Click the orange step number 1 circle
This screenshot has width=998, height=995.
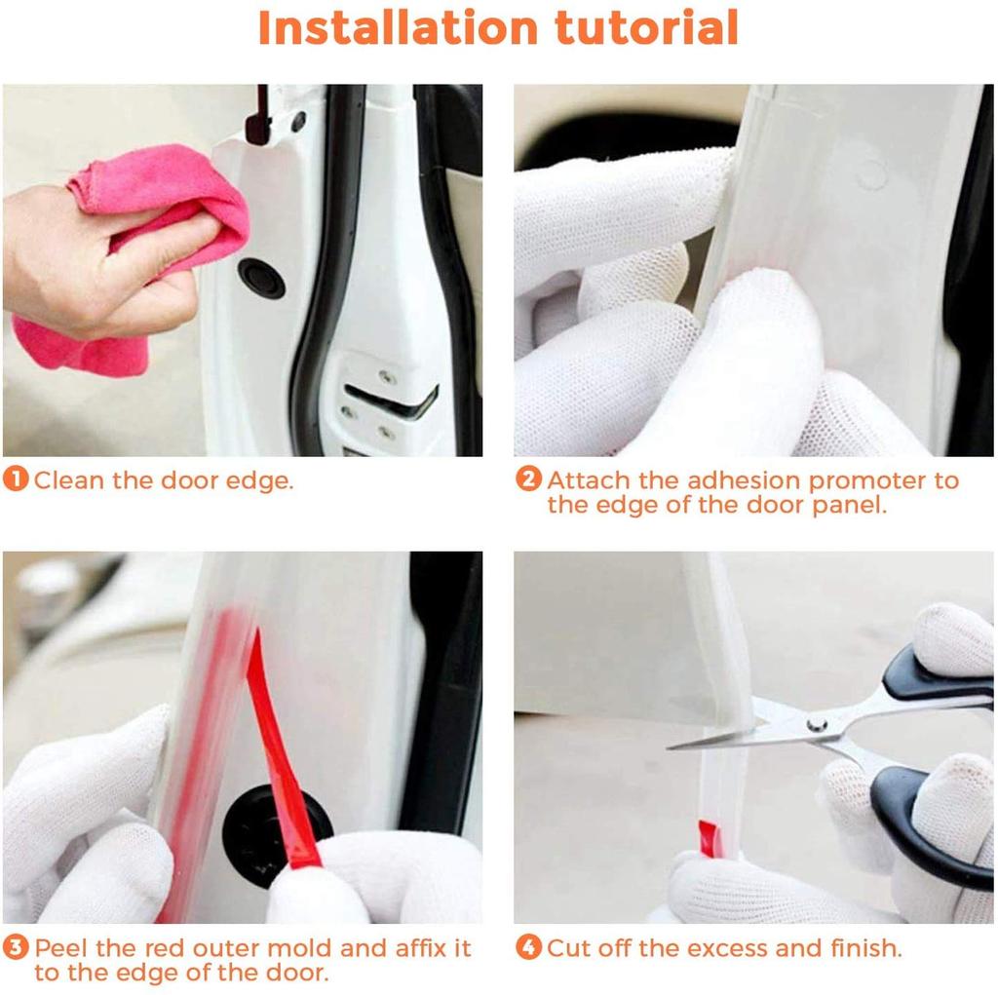pyautogui.click(x=16, y=480)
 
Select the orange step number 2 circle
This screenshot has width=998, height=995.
pyautogui.click(x=527, y=480)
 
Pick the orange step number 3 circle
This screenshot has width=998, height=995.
pyautogui.click(x=16, y=947)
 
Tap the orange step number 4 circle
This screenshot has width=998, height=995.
pyautogui.click(x=527, y=947)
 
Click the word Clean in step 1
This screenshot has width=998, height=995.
pyautogui.click(x=64, y=480)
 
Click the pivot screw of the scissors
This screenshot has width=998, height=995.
pyautogui.click(x=817, y=724)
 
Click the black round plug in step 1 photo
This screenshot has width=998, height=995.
pyautogui.click(x=261, y=279)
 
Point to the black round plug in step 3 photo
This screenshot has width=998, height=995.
pyautogui.click(x=268, y=828)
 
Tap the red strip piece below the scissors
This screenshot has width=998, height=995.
pyautogui.click(x=710, y=838)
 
